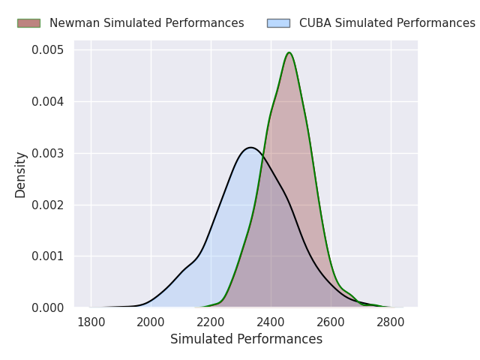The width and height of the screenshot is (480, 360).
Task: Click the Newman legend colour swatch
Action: click(28, 23)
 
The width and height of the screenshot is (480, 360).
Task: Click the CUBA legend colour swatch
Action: click(278, 23)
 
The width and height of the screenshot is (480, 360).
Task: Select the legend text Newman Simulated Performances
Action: click(147, 23)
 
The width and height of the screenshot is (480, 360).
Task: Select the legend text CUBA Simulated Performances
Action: click(387, 23)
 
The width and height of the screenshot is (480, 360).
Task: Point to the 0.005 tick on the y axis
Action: click(48, 50)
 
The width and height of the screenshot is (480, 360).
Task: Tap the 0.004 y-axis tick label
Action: click(48, 102)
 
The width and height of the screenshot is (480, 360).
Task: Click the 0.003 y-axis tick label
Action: click(48, 153)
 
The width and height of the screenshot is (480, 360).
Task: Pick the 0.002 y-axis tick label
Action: click(48, 205)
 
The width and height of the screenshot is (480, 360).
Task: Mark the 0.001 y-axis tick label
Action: click(48, 256)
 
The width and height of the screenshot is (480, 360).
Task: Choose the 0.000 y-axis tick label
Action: click(48, 307)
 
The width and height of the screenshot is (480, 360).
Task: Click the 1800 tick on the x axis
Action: click(91, 322)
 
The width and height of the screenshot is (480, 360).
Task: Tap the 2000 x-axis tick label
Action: click(151, 322)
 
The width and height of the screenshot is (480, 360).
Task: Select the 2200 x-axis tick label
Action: click(211, 322)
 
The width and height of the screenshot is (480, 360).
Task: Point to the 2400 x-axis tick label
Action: click(271, 322)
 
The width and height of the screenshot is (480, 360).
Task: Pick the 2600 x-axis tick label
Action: click(331, 322)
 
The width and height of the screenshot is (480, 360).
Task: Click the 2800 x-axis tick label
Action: click(391, 322)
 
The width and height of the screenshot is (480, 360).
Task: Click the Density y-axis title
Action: click(20, 175)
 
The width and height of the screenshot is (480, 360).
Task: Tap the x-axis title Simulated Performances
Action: click(247, 339)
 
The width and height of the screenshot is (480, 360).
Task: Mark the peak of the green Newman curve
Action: click(289, 52)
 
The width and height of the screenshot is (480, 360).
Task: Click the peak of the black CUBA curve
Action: click(250, 148)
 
